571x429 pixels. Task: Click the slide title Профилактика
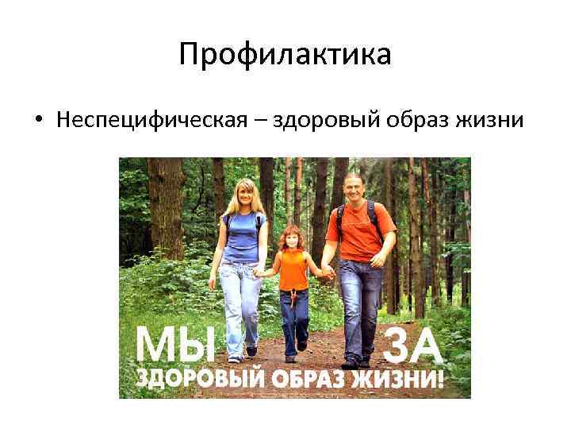click(x=285, y=55)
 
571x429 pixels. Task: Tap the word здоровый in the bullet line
click(x=303, y=121)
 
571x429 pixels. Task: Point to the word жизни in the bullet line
click(x=492, y=121)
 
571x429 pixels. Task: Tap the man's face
click(x=351, y=186)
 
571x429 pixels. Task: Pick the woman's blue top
click(x=242, y=237)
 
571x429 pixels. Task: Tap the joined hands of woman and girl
click(x=260, y=272)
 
